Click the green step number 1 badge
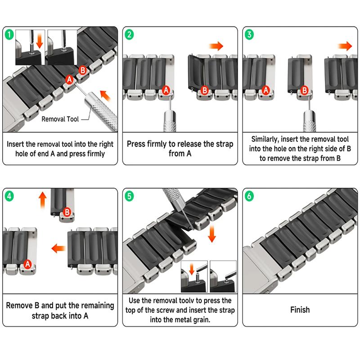pyautogui.click(x=9, y=35)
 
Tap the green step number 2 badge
pyautogui.click(x=129, y=35)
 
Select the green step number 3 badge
pyautogui.click(x=249, y=35)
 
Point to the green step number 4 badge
pyautogui.click(x=9, y=196)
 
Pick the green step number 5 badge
pyautogui.click(x=129, y=196)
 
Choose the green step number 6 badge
pyautogui.click(x=249, y=196)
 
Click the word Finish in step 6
pyautogui.click(x=300, y=310)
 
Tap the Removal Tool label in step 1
pyautogui.click(x=60, y=119)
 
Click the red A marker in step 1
pyautogui.click(x=69, y=80)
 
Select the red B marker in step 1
pyautogui.click(x=83, y=70)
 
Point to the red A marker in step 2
pyautogui.click(x=166, y=90)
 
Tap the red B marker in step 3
pyautogui.click(x=305, y=90)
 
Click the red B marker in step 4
pyautogui.click(x=67, y=211)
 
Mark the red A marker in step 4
pyautogui.click(x=28, y=264)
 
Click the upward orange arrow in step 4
pyautogui.click(x=42, y=200)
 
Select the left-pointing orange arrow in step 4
pyautogui.click(x=59, y=248)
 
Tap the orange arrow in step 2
pyautogui.click(x=216, y=46)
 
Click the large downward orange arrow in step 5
pyautogui.click(x=211, y=234)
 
